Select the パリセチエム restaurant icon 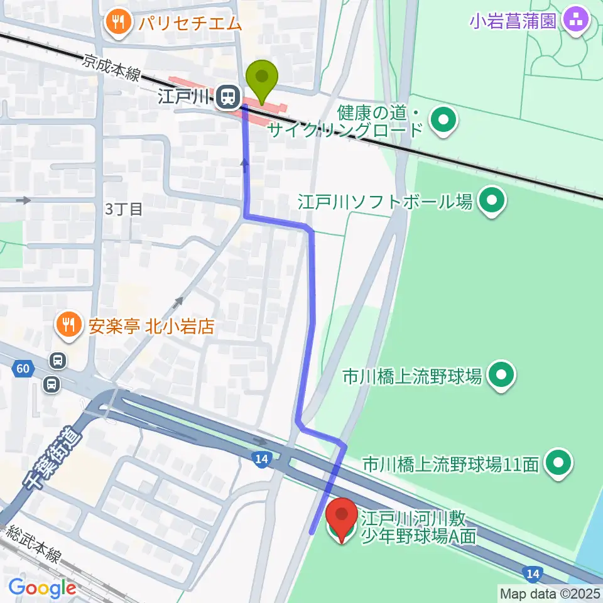(117, 23)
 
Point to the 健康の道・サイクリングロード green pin (444, 119)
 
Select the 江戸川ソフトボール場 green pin (492, 201)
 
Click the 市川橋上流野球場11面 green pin (559, 464)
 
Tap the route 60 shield (23, 369)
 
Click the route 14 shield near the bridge (261, 459)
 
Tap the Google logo (41, 588)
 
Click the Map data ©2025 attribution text (550, 592)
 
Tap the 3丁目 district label (124, 209)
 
